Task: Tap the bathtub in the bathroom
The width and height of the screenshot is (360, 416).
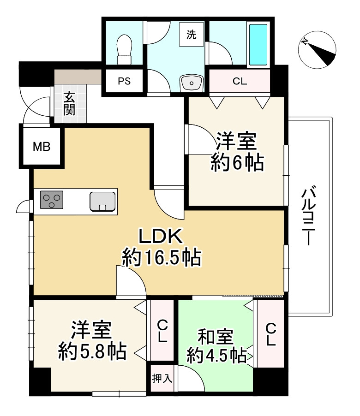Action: click(x=259, y=44)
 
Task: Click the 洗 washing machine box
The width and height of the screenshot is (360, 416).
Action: click(x=191, y=35)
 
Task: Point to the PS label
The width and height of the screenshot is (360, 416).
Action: click(x=124, y=82)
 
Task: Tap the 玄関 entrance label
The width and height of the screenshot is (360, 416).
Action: click(x=70, y=103)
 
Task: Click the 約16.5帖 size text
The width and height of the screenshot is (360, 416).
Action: click(x=162, y=258)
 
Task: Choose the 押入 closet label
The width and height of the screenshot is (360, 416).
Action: click(x=162, y=379)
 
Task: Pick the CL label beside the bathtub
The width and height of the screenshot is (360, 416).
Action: click(x=240, y=82)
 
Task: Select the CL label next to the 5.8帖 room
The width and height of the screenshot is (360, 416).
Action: click(x=162, y=331)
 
